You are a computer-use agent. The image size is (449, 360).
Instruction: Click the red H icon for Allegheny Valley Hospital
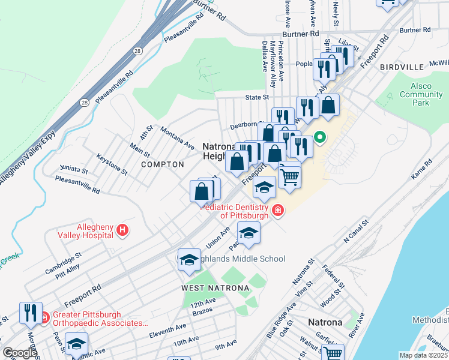(x=123, y=230)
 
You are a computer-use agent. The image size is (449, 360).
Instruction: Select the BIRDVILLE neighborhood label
(x=402, y=68)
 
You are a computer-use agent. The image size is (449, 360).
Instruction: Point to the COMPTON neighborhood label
(x=163, y=164)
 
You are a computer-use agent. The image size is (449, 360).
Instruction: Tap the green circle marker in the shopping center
(x=320, y=137)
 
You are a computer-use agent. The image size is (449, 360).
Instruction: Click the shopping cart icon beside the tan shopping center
(x=289, y=176)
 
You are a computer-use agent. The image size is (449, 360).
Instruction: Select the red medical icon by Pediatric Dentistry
(x=277, y=209)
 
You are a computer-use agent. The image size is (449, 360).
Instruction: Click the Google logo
(x=20, y=353)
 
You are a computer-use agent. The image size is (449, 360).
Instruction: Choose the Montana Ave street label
(x=177, y=138)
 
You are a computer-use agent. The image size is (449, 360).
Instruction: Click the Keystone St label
(x=112, y=164)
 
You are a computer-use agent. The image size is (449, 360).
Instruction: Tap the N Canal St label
(x=354, y=233)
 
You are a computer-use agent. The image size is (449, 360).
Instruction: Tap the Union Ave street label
(x=218, y=238)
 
